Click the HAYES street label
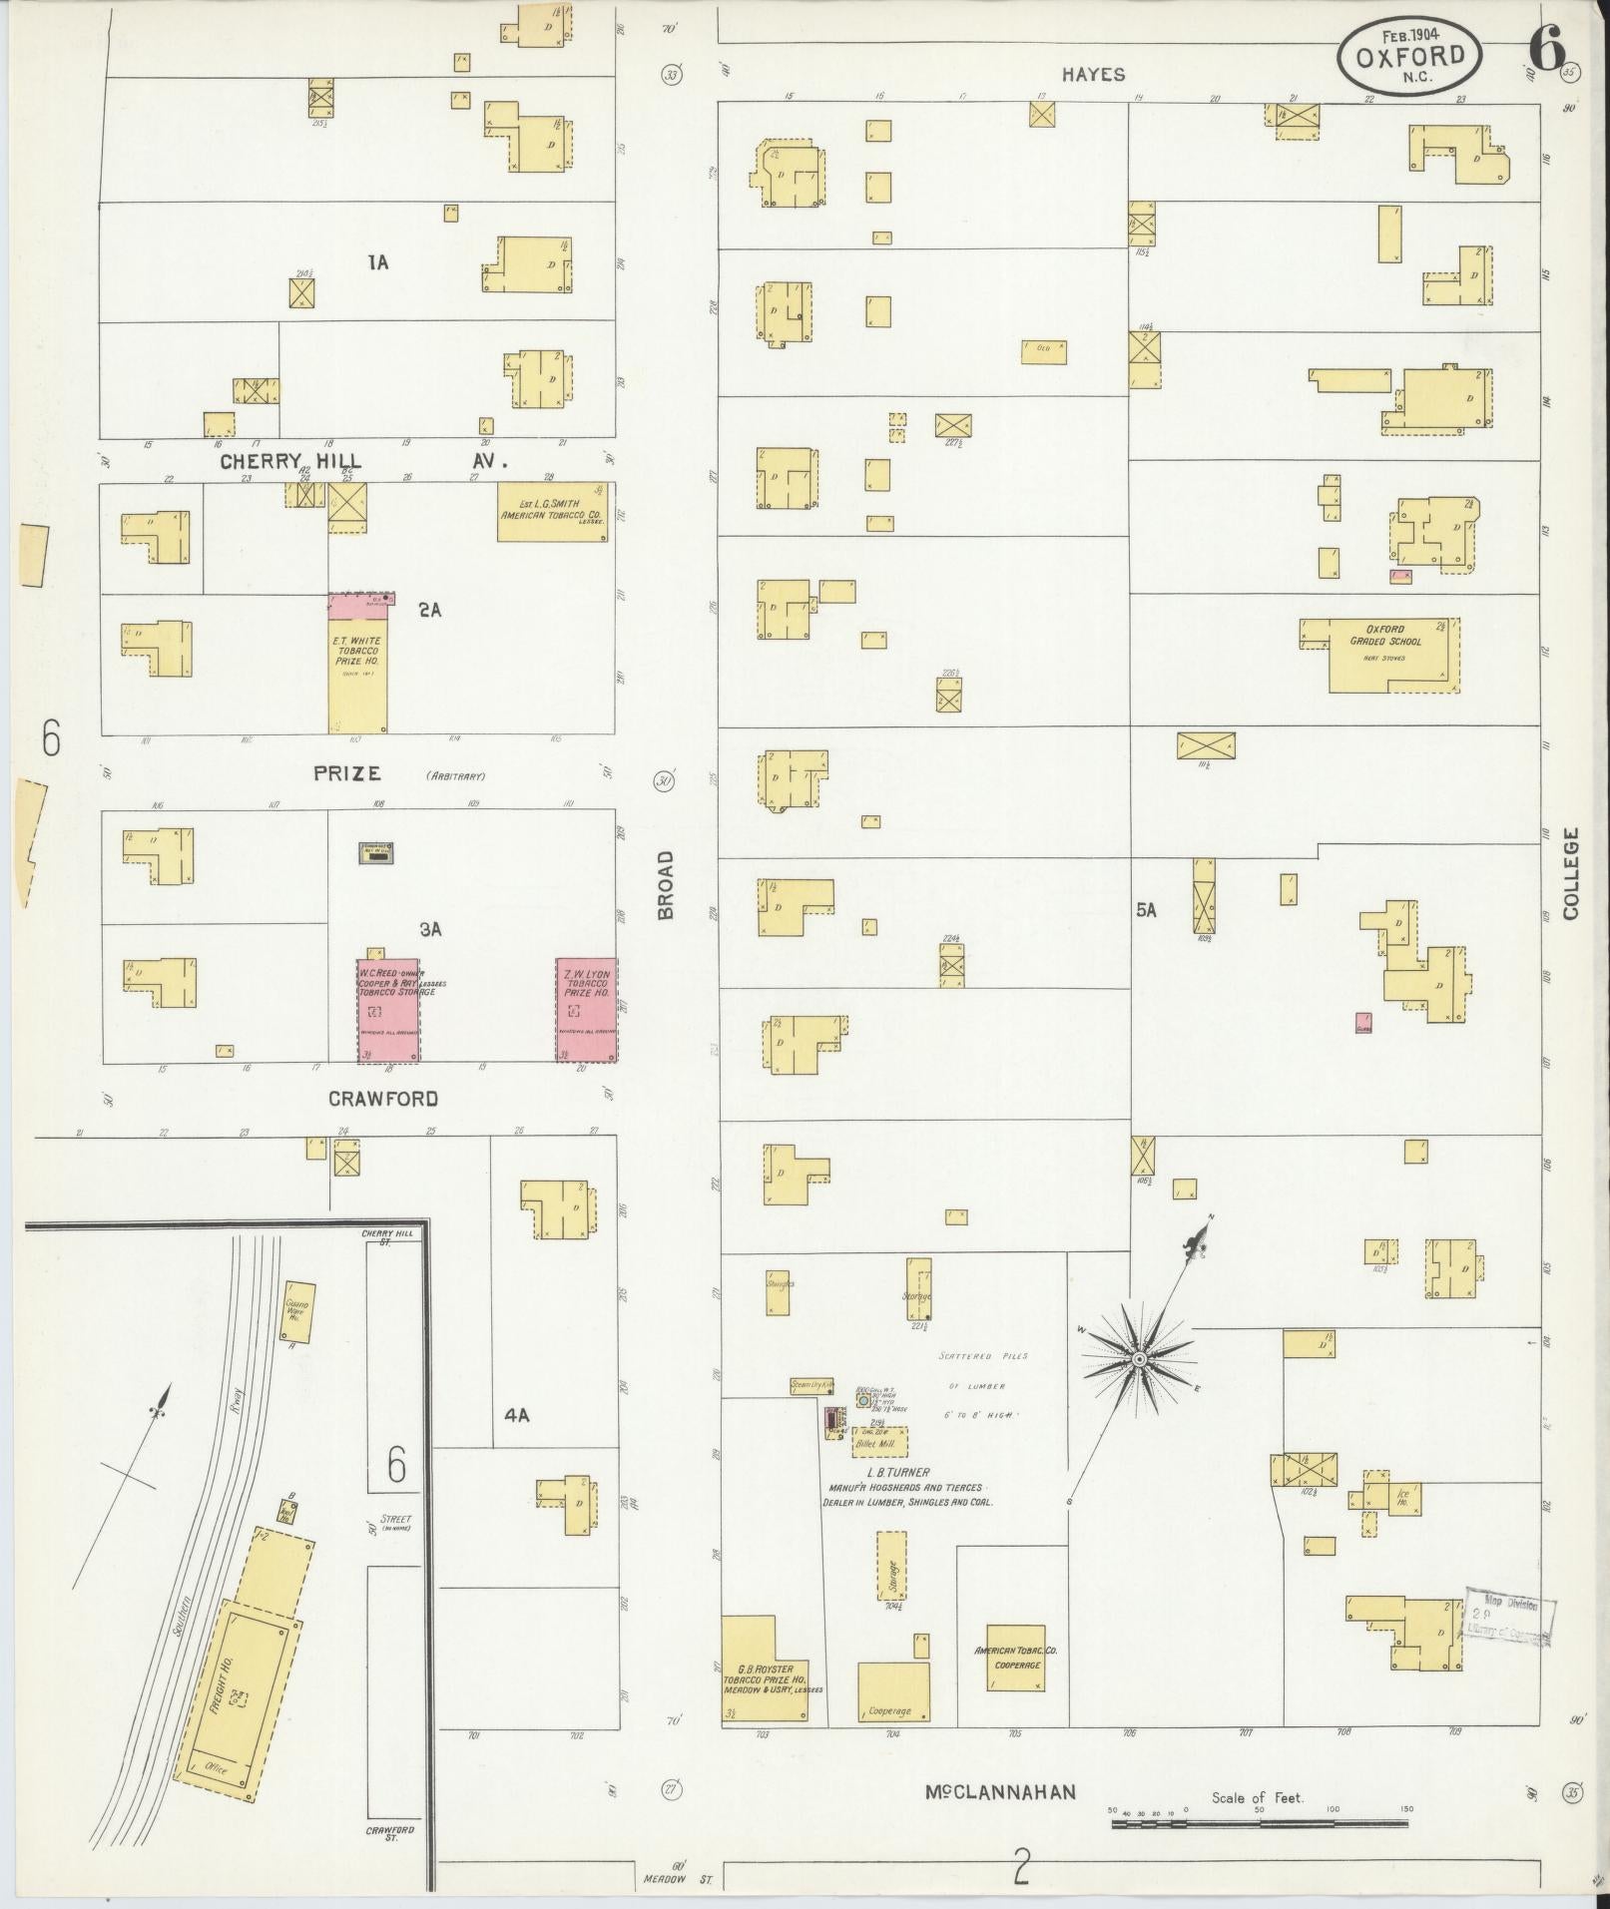click(x=1093, y=74)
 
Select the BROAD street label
click(x=666, y=885)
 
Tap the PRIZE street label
click(x=347, y=772)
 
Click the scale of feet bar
click(x=1260, y=1823)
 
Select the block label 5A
click(x=1146, y=910)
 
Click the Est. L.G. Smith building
click(x=554, y=512)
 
